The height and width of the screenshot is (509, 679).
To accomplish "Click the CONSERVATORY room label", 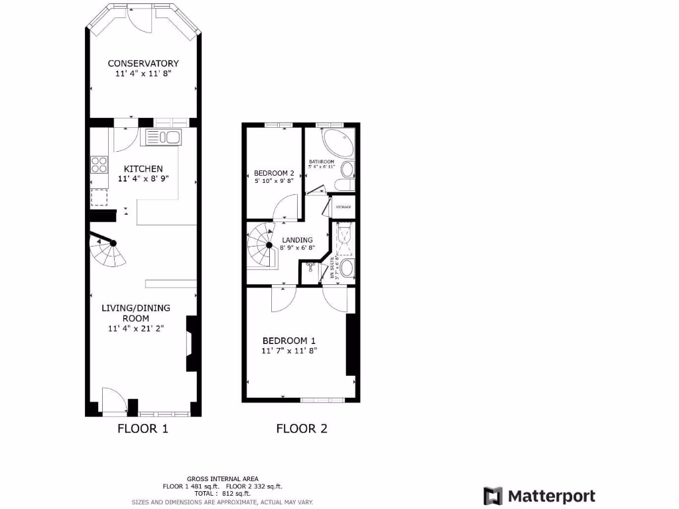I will click(143, 64).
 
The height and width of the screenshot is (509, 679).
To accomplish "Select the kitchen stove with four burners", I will click(99, 164).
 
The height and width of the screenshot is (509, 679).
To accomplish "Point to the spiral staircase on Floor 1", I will click(109, 249).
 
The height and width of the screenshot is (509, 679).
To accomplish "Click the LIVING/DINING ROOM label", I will click(135, 313).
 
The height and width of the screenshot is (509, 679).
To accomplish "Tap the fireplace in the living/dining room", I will click(191, 343).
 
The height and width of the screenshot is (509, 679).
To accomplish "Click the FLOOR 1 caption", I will click(143, 428).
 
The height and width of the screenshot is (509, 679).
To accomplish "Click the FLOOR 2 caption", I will click(302, 428).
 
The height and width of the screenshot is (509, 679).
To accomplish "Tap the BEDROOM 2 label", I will click(273, 173).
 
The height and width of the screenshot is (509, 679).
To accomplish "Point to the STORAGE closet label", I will click(343, 207).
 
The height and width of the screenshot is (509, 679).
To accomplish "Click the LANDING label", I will click(297, 240).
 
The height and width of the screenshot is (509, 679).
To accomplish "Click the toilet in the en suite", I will click(348, 269).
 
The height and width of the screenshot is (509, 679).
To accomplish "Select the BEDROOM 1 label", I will click(289, 341).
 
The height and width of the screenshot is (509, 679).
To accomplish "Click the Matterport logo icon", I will click(493, 496).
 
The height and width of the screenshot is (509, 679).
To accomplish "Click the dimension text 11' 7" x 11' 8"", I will click(289, 351).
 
